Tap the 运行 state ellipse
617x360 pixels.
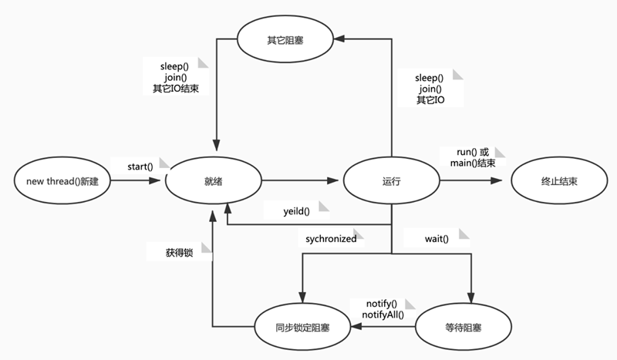[x=392, y=181]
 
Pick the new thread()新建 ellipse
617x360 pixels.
[x=63, y=181]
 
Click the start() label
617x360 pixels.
[x=140, y=166]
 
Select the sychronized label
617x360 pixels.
[x=328, y=239]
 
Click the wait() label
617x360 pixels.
[x=437, y=239]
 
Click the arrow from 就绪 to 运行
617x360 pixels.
[x=302, y=181]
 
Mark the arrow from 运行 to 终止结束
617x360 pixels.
[x=474, y=181]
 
